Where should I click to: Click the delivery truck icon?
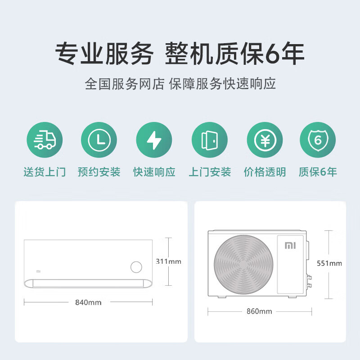pyautogui.click(x=45, y=140)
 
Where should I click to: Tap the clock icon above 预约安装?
pyautogui.click(x=99, y=140)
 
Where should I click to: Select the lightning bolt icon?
pyautogui.click(x=154, y=140)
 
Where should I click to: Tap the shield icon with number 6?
pyautogui.click(x=318, y=140)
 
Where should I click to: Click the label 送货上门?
pyautogui.click(x=45, y=172)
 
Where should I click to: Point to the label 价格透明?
pyautogui.click(x=265, y=172)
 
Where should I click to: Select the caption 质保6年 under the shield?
pyautogui.click(x=318, y=172)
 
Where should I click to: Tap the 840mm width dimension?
pyautogui.click(x=88, y=302)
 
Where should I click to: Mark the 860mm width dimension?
pyautogui.click(x=259, y=311)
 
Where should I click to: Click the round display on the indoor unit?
pyautogui.click(x=136, y=267)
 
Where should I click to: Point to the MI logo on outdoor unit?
pyautogui.click(x=288, y=246)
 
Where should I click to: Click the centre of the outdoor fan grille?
pyautogui.click(x=244, y=264)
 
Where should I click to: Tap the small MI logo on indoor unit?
pyautogui.click(x=38, y=271)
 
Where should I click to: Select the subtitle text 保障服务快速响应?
pyautogui.click(x=222, y=84)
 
